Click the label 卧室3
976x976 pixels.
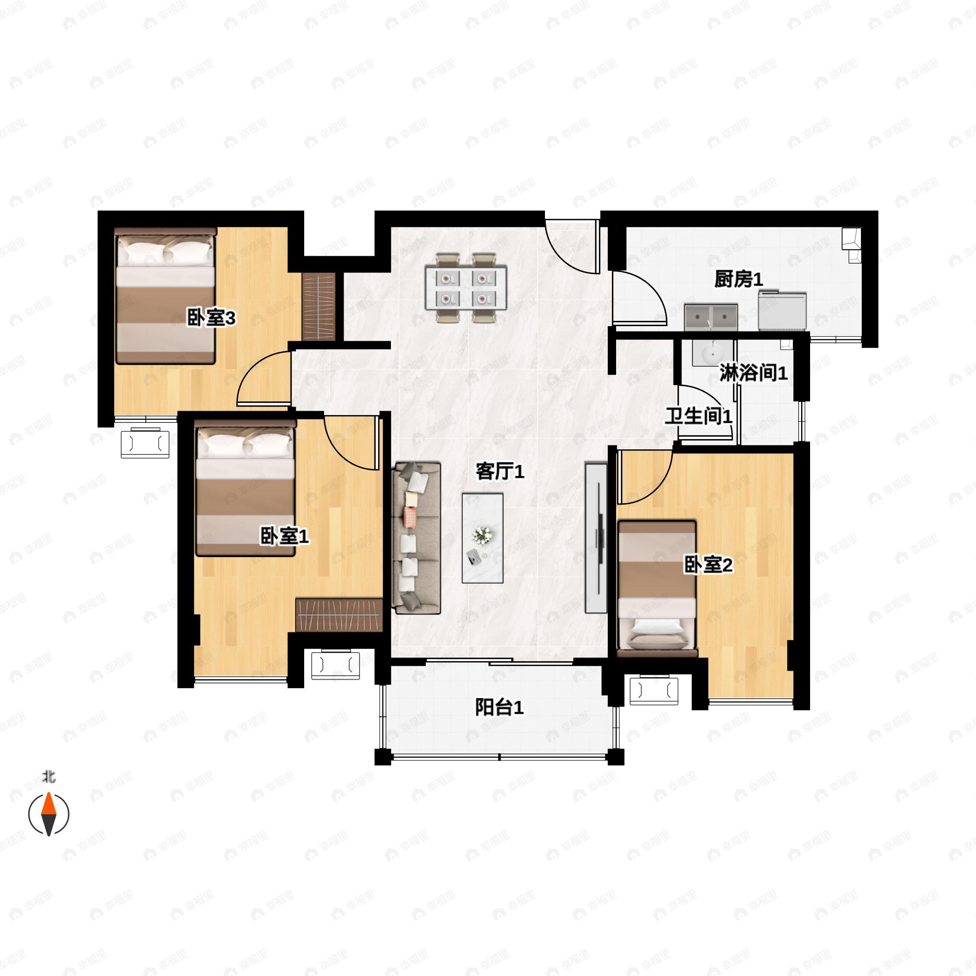[211, 318]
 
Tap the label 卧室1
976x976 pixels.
[284, 536]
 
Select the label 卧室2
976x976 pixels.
[708, 565]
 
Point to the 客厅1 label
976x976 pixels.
[500, 471]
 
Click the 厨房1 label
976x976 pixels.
[739, 279]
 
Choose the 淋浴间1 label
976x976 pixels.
[753, 373]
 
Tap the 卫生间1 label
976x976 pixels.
[699, 416]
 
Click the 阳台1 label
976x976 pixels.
[499, 707]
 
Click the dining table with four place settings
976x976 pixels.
[466, 288]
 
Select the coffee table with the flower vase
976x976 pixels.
[482, 538]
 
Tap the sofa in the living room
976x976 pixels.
[417, 538]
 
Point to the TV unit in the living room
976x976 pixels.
[596, 537]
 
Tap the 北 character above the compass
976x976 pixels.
[48, 776]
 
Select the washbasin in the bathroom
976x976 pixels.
[712, 352]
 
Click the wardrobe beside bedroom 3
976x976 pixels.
[319, 307]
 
